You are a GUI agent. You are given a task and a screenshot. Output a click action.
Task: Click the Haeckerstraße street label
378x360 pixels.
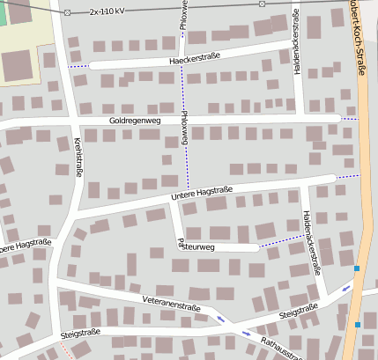tap(194, 59)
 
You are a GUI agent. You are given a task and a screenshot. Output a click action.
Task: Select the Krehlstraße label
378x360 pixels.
tap(78, 157)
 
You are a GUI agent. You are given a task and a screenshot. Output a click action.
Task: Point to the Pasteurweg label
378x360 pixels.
tap(196, 246)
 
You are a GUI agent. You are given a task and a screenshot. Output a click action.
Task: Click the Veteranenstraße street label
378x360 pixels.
tap(171, 305)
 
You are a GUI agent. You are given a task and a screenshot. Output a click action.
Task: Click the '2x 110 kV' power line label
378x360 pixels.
tap(119, 12)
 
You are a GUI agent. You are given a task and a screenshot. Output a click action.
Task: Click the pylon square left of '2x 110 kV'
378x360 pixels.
tap(68, 12)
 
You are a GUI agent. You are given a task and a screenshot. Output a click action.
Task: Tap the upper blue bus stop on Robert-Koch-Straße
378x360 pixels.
tap(357, 268)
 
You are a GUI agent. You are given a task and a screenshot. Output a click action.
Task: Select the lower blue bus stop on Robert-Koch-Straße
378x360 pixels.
tap(358, 325)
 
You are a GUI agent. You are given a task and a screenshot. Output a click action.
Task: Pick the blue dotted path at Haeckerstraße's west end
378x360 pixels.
tap(79, 66)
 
